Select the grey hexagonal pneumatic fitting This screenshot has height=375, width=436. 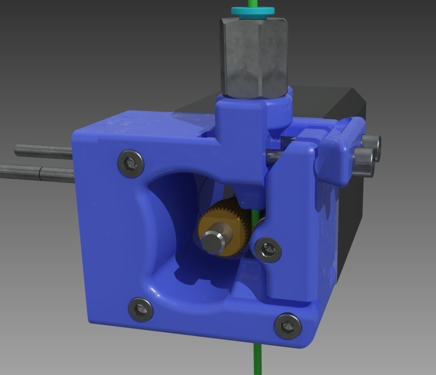(x=254, y=57)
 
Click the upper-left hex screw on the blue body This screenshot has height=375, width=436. (x=131, y=163)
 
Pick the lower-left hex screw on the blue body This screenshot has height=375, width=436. (x=141, y=310)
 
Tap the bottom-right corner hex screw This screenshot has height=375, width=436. (x=288, y=326)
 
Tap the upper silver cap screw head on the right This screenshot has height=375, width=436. (x=372, y=142)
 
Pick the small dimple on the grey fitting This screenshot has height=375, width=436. (x=242, y=65)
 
